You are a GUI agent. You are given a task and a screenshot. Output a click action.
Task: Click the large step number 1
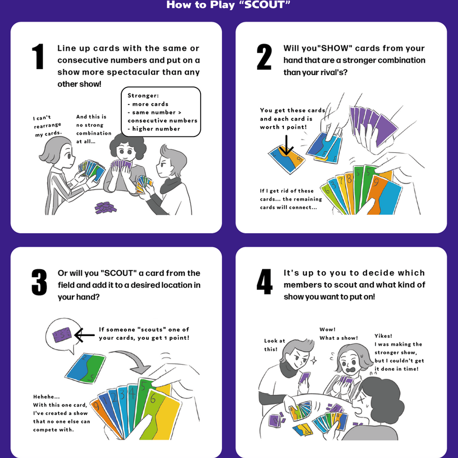coord(38,56)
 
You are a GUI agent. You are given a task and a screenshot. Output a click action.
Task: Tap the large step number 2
coord(264,57)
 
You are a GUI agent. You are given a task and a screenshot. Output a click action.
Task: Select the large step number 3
coord(39,282)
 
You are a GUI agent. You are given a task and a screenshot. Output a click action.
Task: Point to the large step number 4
coord(265,282)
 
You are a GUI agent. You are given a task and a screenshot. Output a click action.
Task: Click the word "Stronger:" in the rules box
coord(143,96)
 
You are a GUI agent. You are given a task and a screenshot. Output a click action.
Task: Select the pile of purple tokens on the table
coord(105,207)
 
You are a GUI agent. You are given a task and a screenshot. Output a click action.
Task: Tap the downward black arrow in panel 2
coord(286,145)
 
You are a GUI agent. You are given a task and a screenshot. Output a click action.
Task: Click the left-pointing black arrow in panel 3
coord(84,335)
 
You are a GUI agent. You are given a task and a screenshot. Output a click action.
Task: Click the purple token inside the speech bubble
coord(62,335)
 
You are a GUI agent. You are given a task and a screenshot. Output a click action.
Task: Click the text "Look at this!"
coord(274,345)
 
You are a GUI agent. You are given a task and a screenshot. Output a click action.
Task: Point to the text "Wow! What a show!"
coord(338,333)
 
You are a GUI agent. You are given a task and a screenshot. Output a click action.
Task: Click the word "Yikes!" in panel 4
coord(383,336)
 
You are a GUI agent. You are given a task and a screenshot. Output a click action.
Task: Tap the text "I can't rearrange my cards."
coord(47,126)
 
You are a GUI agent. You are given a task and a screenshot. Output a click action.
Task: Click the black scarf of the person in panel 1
coord(170,185)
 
